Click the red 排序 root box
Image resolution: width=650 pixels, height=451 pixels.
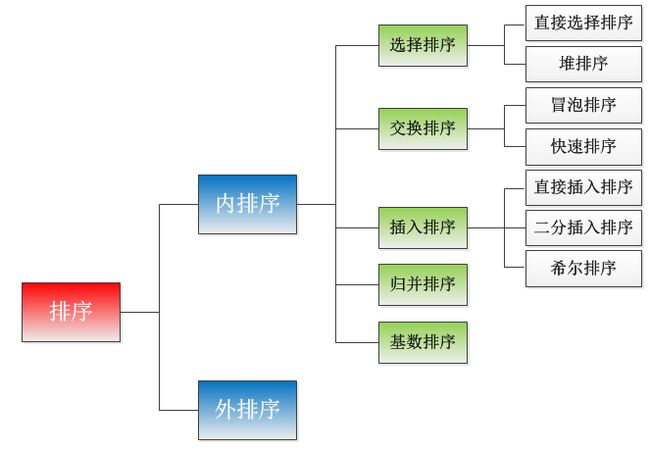click(71, 312)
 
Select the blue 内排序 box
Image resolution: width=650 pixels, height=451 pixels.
click(247, 204)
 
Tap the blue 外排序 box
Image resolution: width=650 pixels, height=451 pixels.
click(247, 409)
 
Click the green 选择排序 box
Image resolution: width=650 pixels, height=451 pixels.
click(422, 45)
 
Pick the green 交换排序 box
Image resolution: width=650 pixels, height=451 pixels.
click(422, 128)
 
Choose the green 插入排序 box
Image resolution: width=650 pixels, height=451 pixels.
click(422, 227)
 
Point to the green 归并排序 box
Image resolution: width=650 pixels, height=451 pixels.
click(422, 284)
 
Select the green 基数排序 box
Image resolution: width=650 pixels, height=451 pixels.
click(422, 342)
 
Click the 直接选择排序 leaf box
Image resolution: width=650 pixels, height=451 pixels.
click(583, 22)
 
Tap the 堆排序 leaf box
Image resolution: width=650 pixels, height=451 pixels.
click(583, 64)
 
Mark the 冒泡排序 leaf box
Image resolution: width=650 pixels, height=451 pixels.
click(583, 105)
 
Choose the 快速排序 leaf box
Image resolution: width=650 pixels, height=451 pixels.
click(583, 146)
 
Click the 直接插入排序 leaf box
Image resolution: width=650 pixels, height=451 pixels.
click(583, 187)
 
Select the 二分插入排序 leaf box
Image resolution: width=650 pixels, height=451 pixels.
click(583, 228)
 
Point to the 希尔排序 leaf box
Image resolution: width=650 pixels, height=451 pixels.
click(583, 268)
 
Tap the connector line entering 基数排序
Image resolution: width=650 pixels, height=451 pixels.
click(357, 342)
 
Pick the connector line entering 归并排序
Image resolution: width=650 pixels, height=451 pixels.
click(357, 284)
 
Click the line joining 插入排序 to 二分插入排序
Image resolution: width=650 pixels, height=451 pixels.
click(496, 228)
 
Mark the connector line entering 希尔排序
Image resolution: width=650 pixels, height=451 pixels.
click(516, 268)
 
